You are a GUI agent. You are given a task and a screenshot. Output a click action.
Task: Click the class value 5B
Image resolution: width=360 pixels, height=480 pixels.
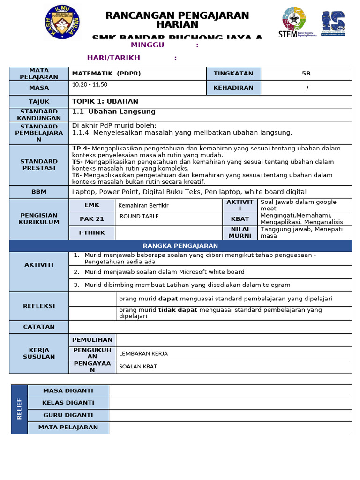click(306, 74)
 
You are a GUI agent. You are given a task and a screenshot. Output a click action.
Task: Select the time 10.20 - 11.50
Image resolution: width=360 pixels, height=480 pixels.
click(90, 85)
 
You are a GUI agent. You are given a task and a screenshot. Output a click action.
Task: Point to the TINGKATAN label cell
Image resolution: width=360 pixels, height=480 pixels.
click(233, 74)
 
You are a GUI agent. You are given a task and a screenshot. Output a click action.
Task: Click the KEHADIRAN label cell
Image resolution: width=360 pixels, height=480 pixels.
click(233, 88)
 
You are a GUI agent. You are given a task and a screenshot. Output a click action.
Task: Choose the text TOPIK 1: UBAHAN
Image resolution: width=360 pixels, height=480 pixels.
click(105, 101)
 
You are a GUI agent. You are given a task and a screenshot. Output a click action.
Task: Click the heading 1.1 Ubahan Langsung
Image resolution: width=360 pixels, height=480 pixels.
click(113, 112)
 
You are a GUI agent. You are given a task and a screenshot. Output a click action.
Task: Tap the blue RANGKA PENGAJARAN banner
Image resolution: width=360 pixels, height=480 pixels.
click(180, 246)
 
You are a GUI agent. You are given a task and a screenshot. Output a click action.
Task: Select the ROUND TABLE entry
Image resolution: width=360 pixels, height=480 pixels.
click(139, 217)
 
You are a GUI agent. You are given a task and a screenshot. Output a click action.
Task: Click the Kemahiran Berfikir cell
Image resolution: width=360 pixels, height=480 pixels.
click(143, 205)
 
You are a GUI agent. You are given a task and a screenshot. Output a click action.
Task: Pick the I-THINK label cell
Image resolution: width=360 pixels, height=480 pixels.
click(92, 232)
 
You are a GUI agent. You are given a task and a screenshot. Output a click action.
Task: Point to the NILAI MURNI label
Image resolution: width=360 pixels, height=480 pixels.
click(240, 232)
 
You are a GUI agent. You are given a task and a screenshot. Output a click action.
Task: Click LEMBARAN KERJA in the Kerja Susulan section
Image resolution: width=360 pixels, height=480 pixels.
click(143, 353)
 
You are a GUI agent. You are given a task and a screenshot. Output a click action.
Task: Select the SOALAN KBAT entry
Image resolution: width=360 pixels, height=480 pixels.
click(138, 367)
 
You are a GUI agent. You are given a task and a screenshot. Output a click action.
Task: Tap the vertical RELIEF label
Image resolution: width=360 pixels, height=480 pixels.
click(19, 409)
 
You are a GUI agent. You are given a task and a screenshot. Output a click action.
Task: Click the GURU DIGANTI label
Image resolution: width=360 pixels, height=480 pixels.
click(68, 415)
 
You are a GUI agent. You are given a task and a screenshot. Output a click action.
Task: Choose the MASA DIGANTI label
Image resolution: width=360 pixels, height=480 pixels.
click(68, 390)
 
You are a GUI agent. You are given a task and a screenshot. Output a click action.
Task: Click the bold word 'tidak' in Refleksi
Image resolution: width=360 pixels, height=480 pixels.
click(166, 310)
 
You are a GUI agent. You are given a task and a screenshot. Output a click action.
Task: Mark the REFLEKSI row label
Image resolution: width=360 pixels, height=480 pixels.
click(39, 306)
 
